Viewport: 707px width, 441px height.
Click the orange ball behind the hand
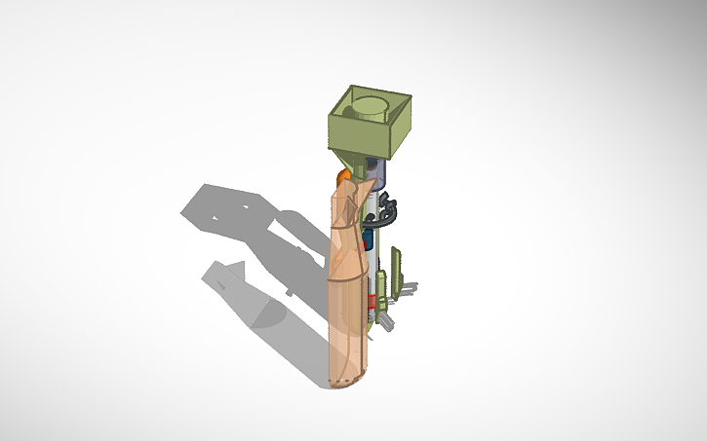point(342,177)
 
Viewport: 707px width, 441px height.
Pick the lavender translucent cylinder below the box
point(379,173)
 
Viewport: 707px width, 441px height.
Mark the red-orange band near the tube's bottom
point(372,314)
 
